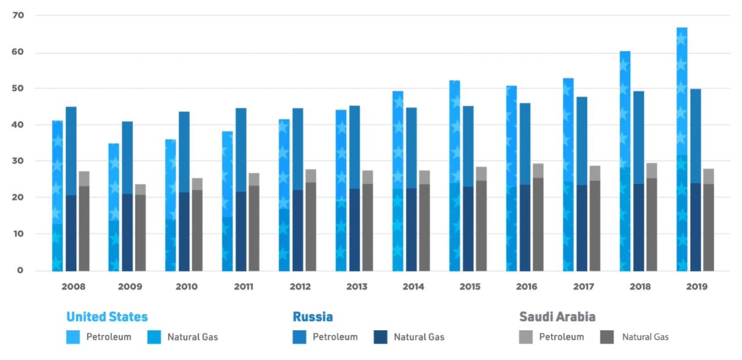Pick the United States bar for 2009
pyautogui.click(x=114, y=207)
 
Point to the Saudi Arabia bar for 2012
pyautogui.click(x=311, y=220)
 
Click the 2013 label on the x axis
pyautogui.click(x=356, y=286)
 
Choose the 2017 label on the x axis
pyautogui.click(x=583, y=286)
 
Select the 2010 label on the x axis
pyautogui.click(x=186, y=286)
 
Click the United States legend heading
pyautogui.click(x=107, y=317)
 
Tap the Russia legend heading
pyautogui.click(x=313, y=317)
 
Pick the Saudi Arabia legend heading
pyautogui.click(x=557, y=317)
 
